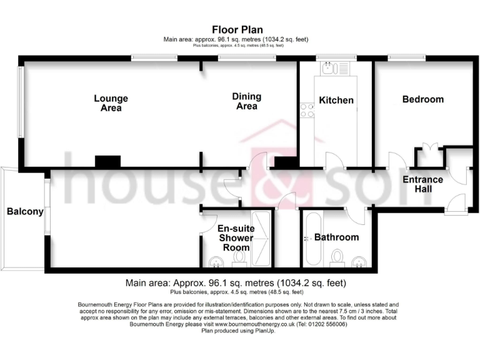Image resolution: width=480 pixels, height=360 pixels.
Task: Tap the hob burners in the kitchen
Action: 307,111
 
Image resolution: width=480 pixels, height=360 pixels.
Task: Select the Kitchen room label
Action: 336,100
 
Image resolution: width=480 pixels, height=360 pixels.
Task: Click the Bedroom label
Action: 422,99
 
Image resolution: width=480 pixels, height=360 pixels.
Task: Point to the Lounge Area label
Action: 111,103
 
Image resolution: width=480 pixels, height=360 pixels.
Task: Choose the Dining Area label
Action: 246,101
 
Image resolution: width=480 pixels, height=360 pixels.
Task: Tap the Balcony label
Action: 25,211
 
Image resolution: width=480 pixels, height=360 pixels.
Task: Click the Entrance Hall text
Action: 422,184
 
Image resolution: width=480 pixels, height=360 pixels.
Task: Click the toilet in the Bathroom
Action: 337,257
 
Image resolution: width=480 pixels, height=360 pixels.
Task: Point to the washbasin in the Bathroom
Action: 359,261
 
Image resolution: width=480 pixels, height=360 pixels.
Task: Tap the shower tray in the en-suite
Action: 262,238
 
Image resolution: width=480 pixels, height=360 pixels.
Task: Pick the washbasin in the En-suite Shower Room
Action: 215,262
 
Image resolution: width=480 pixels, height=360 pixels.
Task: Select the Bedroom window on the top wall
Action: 407,58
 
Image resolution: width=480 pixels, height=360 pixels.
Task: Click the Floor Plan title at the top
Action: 237,29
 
